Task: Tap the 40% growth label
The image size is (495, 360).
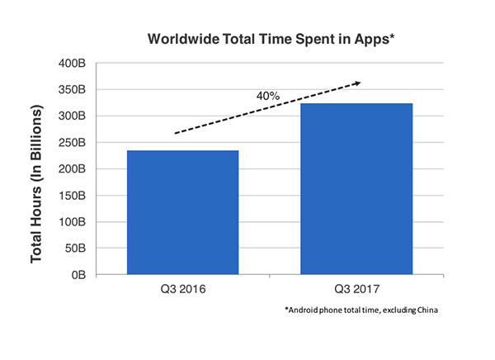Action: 268,96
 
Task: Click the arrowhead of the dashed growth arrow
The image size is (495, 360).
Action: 357,83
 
